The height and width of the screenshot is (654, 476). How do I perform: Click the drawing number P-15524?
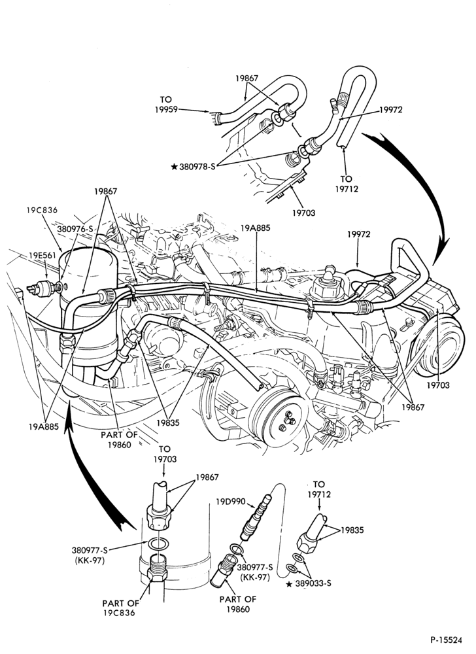(447, 639)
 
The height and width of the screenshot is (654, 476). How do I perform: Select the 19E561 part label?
(42, 254)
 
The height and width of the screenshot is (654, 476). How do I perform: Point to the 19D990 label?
(231, 501)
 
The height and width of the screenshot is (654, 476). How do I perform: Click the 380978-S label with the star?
(193, 167)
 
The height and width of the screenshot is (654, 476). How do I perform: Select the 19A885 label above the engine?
(256, 228)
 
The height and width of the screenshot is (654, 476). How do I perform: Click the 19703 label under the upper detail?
(303, 213)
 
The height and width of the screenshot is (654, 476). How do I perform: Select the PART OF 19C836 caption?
(121, 608)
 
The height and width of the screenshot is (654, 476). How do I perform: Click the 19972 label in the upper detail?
(391, 109)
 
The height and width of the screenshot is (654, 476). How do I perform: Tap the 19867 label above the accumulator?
(105, 192)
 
